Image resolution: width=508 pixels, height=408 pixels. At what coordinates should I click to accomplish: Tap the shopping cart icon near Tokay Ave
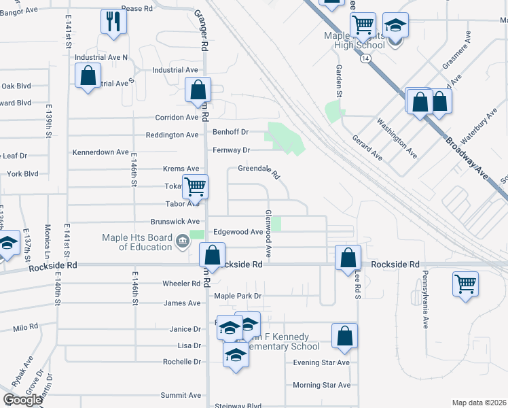pos(195,186)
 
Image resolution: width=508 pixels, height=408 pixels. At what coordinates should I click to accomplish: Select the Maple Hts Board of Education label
pos(137,242)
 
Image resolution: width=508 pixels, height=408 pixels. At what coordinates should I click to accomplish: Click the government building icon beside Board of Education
pos(182,241)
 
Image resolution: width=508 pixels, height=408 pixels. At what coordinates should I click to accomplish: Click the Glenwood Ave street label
pos(269,233)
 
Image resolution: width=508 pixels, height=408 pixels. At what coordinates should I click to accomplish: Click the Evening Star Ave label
pos(321,362)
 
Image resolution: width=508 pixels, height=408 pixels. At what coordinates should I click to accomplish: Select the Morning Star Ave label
pos(321,385)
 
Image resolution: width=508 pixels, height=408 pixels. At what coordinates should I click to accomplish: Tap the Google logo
pos(23,400)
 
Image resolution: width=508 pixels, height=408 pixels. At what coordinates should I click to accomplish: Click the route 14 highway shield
pos(366,59)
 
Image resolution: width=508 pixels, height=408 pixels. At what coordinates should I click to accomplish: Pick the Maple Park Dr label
pos(238,296)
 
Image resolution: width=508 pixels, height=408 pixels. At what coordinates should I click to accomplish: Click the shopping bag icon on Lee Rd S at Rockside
pos(348,258)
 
